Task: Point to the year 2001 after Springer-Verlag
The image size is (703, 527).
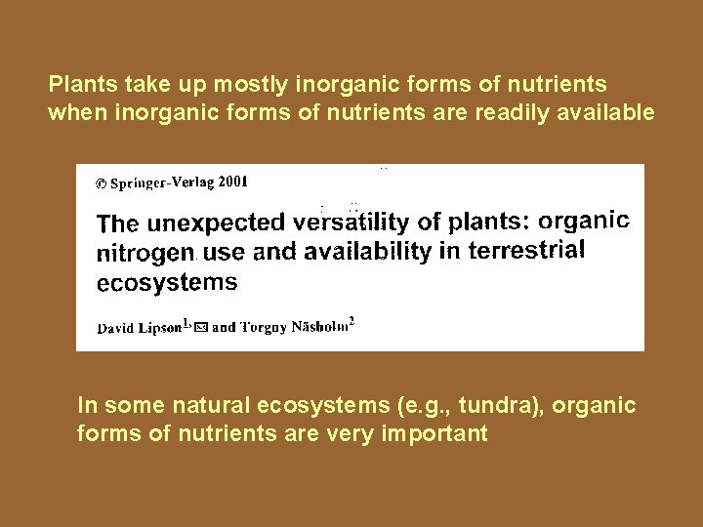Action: [232, 181]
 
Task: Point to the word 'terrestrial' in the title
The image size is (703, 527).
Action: [526, 250]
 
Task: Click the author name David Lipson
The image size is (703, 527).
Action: [139, 328]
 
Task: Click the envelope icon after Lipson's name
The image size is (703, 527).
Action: [201, 328]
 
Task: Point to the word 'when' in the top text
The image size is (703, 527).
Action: [75, 112]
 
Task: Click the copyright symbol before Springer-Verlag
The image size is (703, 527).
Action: [101, 183]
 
